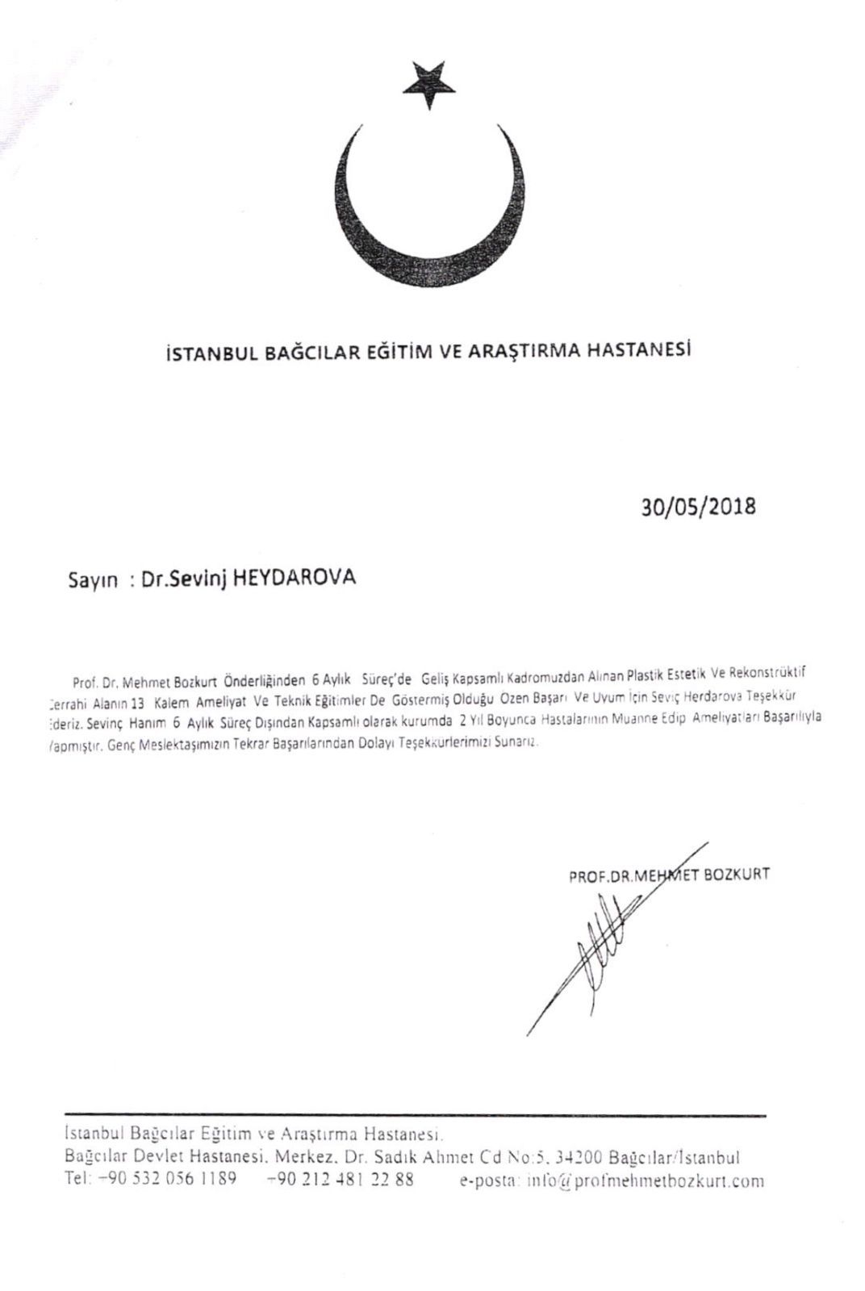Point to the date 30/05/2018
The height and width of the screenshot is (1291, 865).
[x=697, y=507]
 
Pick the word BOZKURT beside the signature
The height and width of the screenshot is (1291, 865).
[x=737, y=874]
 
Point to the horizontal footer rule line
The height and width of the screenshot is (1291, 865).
[x=414, y=1116]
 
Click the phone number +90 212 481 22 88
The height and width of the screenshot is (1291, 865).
[x=340, y=1180]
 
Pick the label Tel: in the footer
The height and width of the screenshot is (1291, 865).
[x=77, y=1180]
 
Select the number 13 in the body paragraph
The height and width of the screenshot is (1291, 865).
[x=136, y=679]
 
